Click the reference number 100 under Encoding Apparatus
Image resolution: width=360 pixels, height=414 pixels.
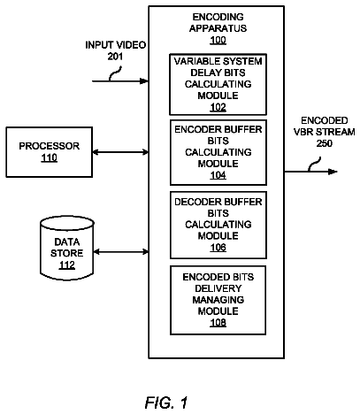point(218,40)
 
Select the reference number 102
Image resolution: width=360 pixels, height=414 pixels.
point(218,107)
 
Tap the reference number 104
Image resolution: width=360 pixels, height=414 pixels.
point(218,175)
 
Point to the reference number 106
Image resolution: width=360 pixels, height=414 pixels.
point(218,247)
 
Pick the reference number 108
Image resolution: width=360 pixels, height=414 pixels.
point(218,322)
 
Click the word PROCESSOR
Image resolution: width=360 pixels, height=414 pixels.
point(50,146)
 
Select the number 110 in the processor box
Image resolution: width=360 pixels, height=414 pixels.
point(49,157)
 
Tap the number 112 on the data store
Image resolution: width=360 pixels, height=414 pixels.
point(67,264)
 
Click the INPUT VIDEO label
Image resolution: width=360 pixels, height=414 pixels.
point(115,45)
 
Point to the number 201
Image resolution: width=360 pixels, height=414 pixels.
point(115,57)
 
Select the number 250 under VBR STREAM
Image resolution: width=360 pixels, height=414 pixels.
point(325,143)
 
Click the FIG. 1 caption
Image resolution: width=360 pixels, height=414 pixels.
point(166,402)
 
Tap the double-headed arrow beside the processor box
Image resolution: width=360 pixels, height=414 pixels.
point(120,152)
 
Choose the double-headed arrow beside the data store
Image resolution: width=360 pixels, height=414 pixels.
point(121,252)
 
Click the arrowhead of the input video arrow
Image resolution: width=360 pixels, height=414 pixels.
point(144,80)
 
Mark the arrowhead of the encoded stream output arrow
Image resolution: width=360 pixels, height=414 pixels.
point(333,172)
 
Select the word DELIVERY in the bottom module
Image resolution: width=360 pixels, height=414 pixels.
point(218,288)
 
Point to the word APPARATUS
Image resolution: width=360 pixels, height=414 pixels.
point(218,28)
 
